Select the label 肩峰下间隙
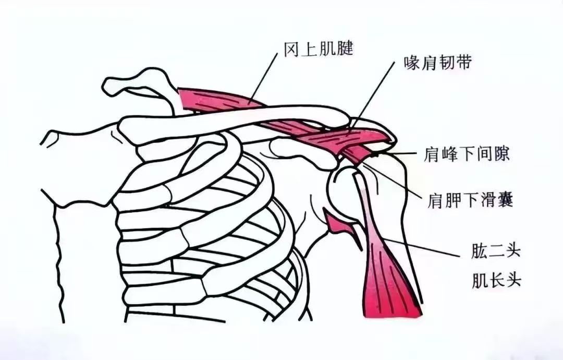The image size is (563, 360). tap(466, 154)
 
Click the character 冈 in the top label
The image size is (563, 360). tap(292, 49)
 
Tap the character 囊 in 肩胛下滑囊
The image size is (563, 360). tap(505, 200)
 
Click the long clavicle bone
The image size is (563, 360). tap(234, 124)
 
